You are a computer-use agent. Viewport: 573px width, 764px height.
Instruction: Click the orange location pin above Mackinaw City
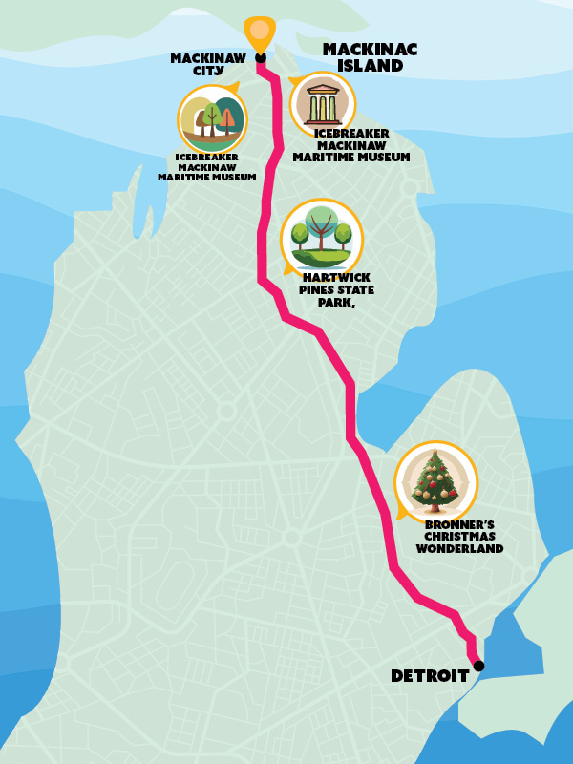click(x=259, y=31)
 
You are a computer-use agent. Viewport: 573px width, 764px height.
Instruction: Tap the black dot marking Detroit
click(x=478, y=666)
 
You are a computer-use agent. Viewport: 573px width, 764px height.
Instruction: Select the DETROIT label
click(x=430, y=676)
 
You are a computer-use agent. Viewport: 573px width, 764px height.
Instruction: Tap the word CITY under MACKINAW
click(x=207, y=70)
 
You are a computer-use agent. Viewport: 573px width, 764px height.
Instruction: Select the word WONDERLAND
click(x=459, y=549)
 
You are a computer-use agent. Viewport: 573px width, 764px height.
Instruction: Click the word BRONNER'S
click(x=459, y=524)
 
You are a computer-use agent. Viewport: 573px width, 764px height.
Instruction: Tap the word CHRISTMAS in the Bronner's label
click(x=459, y=537)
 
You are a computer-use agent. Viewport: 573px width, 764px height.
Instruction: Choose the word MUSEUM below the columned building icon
click(x=383, y=158)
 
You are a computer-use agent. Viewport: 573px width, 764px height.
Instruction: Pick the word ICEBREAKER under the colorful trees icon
click(x=207, y=157)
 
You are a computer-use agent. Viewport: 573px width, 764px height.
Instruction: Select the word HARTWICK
click(x=336, y=278)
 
